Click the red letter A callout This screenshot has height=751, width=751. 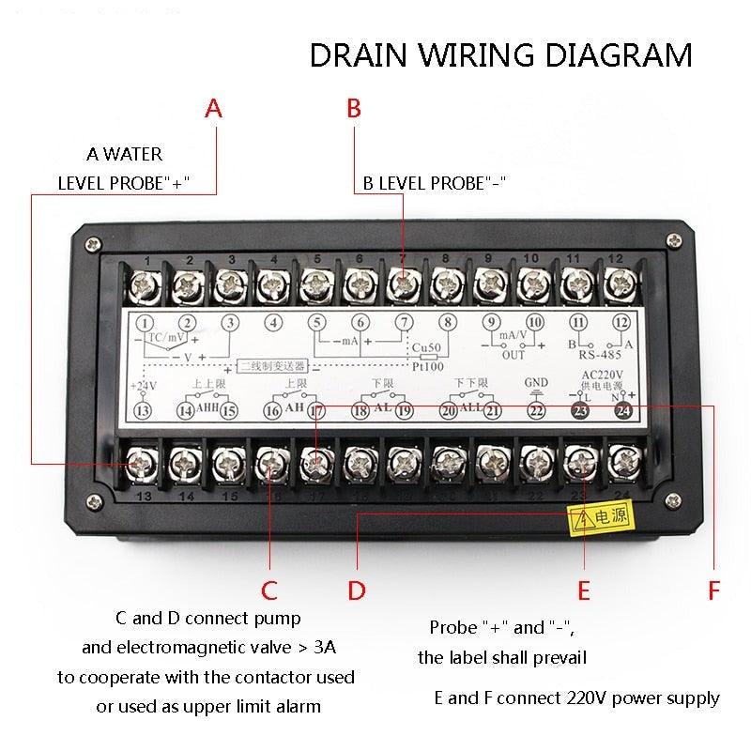coord(214,109)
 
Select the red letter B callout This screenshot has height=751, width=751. coord(354,109)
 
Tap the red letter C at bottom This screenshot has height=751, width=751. coord(269,590)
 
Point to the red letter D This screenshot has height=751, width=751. coord(357,590)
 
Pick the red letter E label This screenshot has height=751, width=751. coord(584,590)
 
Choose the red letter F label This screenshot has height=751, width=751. coord(714,590)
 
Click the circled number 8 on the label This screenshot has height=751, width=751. coord(448,324)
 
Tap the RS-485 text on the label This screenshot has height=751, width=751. coord(601,355)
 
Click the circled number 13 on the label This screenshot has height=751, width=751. coord(144,410)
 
